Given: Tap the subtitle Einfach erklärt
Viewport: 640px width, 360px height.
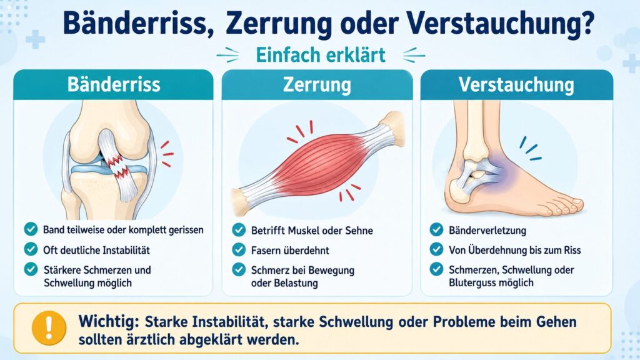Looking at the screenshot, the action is point(321,55).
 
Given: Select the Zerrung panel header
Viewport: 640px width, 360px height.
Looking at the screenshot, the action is point(317,85).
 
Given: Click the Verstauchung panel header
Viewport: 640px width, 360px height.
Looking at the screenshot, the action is point(516,85).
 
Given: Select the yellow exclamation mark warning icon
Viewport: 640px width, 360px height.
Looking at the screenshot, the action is point(49,327).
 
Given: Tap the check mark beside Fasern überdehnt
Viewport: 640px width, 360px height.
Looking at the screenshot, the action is point(239,249).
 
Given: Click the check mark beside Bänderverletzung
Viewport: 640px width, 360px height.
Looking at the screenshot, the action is point(436,229).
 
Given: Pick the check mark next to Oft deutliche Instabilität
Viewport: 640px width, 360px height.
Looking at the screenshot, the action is point(31,249).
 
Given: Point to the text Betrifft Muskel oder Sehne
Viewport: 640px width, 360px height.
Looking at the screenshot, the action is point(312,231).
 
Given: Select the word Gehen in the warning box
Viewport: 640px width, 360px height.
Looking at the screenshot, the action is point(556,322).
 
